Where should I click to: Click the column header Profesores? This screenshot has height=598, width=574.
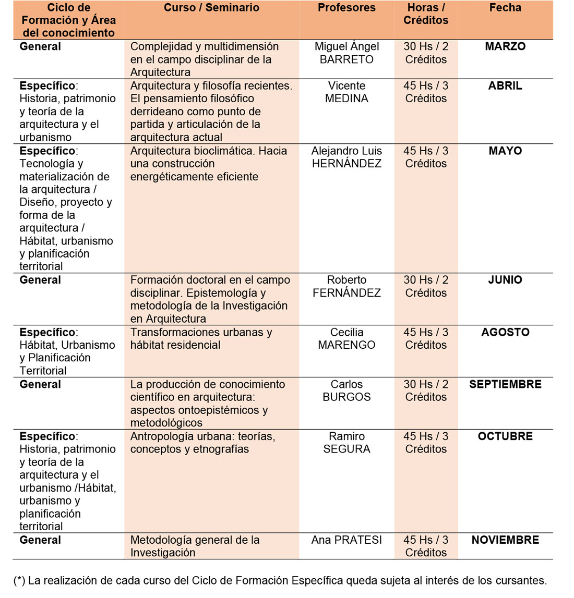[346, 8]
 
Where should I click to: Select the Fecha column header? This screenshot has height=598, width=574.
[505, 8]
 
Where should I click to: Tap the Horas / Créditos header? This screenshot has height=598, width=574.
[426, 14]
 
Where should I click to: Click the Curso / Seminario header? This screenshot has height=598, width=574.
[211, 8]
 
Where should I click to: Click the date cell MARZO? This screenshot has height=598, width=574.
[505, 46]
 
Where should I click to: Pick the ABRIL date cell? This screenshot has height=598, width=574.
[505, 86]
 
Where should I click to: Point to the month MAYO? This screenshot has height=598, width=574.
[505, 151]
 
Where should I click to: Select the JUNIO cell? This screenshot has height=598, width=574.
[505, 280]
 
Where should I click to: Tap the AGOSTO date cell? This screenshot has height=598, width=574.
[505, 332]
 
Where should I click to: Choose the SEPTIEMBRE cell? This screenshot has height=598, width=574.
[505, 384]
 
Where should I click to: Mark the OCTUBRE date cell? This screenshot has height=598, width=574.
[505, 436]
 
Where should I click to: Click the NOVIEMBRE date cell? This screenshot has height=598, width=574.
[505, 540]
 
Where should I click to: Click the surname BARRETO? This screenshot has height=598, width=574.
[346, 59]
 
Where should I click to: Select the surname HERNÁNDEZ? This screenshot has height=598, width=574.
[346, 164]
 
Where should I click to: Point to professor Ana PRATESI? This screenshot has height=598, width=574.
[346, 540]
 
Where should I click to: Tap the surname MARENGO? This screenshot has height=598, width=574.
[346, 345]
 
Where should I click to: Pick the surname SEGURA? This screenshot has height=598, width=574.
[346, 449]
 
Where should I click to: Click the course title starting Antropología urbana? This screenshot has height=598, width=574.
[202, 443]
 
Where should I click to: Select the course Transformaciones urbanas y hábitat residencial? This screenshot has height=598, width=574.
[201, 338]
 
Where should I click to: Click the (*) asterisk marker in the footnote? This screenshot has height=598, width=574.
[19, 581]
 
